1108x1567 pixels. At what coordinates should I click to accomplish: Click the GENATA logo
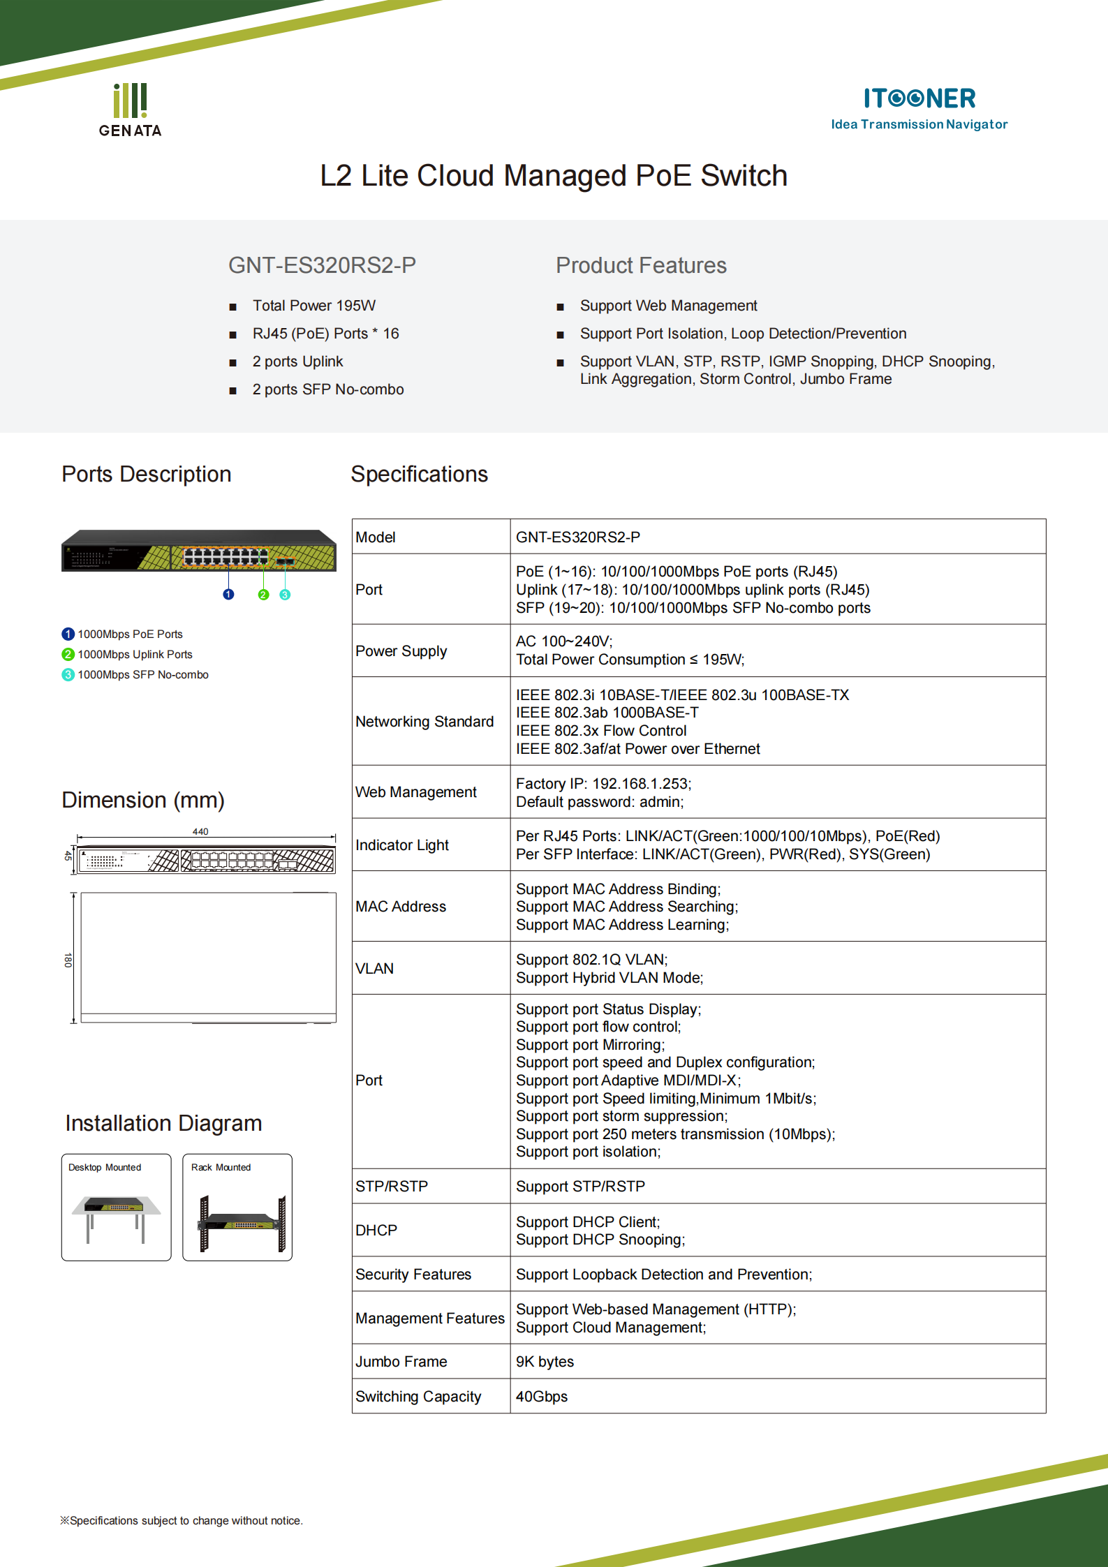click(x=130, y=110)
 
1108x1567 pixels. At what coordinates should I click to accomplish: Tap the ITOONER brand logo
click(x=919, y=107)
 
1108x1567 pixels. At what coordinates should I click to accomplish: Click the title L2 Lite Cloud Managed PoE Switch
click(x=554, y=176)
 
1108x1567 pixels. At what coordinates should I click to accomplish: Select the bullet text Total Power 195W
click(x=313, y=306)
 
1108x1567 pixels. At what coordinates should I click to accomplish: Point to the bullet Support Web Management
click(x=668, y=306)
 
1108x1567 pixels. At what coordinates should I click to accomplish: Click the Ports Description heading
click(x=146, y=474)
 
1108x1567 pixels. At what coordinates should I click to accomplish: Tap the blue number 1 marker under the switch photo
click(x=228, y=594)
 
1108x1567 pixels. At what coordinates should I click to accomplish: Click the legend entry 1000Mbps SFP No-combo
click(x=142, y=674)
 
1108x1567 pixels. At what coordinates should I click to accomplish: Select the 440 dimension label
click(x=200, y=831)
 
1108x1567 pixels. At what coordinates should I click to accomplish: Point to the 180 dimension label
click(x=68, y=960)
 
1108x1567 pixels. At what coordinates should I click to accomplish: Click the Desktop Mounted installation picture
click(x=116, y=1208)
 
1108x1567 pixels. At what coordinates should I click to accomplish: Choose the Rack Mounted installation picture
click(x=237, y=1208)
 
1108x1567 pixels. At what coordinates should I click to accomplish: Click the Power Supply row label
click(x=401, y=651)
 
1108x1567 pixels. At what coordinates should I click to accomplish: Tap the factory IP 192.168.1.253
click(x=640, y=784)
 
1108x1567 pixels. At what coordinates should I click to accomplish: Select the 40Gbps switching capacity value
click(x=542, y=1396)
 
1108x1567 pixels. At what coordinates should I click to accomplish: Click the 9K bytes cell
click(x=545, y=1361)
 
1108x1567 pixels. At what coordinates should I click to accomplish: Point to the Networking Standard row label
click(x=424, y=721)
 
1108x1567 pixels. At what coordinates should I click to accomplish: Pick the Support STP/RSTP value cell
click(x=580, y=1186)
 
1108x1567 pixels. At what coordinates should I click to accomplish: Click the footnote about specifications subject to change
click(x=182, y=1520)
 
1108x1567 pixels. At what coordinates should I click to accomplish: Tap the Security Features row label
click(x=413, y=1274)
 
